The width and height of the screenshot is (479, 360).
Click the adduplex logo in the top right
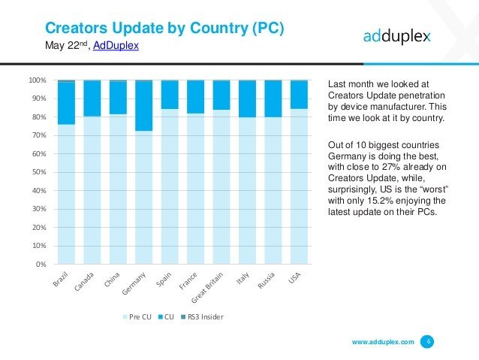(397, 36)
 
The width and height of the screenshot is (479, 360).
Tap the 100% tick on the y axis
(38, 80)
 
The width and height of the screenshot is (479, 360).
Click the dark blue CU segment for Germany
(143, 105)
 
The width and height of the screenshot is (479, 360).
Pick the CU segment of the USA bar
(298, 95)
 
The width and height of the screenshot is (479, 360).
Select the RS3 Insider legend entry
(203, 317)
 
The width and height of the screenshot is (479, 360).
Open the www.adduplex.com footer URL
(383, 342)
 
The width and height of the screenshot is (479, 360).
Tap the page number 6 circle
(428, 342)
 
